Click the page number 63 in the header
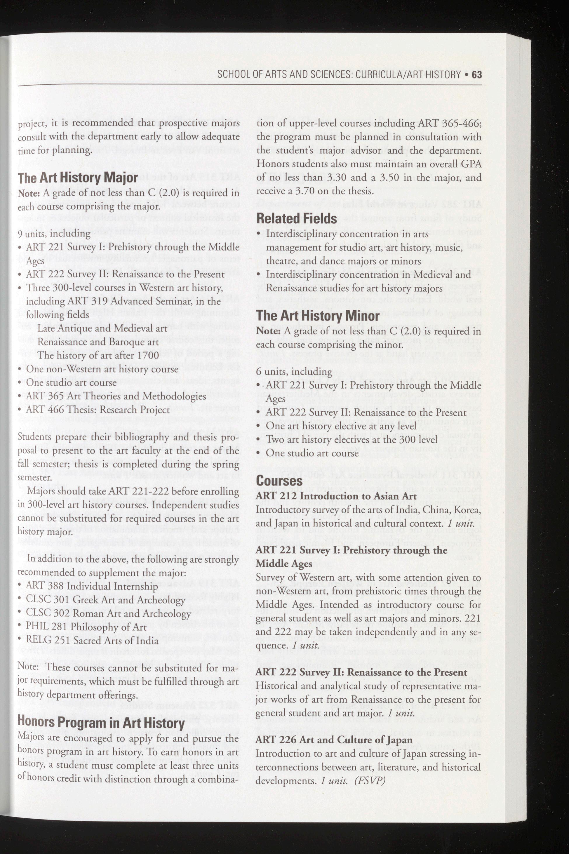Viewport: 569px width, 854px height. (476, 75)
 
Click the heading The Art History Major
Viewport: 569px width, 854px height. (78, 178)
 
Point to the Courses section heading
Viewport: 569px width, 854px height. (279, 481)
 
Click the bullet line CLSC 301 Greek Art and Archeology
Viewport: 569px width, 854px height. (105, 600)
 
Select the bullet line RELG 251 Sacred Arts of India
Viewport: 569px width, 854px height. (92, 641)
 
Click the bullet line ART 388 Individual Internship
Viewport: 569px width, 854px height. (92, 586)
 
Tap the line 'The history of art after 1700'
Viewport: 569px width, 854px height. (98, 355)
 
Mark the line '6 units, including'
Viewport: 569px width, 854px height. (294, 372)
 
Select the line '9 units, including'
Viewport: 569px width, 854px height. (54, 233)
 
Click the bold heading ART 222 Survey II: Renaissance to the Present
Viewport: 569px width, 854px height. (361, 672)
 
